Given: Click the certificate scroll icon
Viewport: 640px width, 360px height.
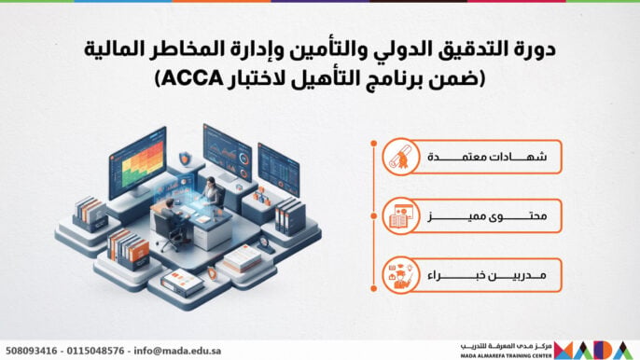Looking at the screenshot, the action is pyautogui.click(x=401, y=157).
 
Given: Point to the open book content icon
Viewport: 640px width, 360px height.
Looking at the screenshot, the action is pyautogui.click(x=401, y=216).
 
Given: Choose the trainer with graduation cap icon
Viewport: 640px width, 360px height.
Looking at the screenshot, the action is pyautogui.click(x=401, y=275).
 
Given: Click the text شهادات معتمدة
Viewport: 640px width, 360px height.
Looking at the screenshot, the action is pyautogui.click(x=487, y=157).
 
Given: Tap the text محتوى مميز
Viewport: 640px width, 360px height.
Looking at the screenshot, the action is pyautogui.click(x=487, y=216).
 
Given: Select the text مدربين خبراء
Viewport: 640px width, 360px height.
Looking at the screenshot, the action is pyautogui.click(x=487, y=275).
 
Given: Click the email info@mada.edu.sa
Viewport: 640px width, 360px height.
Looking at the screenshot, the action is pyautogui.click(x=177, y=351).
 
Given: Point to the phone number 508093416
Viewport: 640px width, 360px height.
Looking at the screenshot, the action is pyautogui.click(x=32, y=351).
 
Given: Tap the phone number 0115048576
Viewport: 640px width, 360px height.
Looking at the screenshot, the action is pyautogui.click(x=95, y=351).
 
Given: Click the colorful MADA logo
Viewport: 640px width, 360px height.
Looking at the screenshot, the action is pyautogui.click(x=593, y=350).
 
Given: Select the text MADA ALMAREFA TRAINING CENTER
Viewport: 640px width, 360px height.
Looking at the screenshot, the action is pyautogui.click(x=506, y=356).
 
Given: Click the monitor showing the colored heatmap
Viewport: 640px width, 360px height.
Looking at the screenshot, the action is pyautogui.click(x=137, y=162).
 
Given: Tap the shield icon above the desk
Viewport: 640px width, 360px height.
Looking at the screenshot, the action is pyautogui.click(x=185, y=158).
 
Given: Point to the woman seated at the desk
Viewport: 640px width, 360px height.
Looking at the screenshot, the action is pyautogui.click(x=212, y=190).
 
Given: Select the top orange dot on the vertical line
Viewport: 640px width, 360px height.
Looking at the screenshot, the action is pyautogui.click(x=373, y=144).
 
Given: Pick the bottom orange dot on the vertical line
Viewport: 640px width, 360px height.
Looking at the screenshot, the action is pyautogui.click(x=373, y=288).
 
